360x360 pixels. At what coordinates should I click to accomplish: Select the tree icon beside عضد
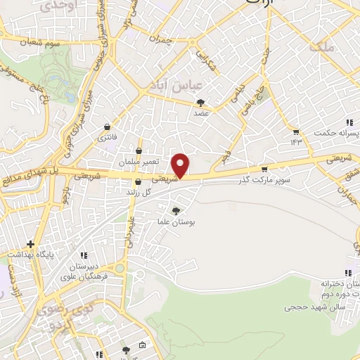point(201,102)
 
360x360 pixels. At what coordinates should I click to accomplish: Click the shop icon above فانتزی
point(106,127)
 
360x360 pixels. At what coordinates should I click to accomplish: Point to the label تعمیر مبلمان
point(136,162)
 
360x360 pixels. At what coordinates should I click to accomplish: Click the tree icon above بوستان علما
point(176,210)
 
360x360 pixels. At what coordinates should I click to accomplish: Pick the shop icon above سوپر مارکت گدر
point(264,169)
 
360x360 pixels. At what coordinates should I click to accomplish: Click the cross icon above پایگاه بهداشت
point(30,245)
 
